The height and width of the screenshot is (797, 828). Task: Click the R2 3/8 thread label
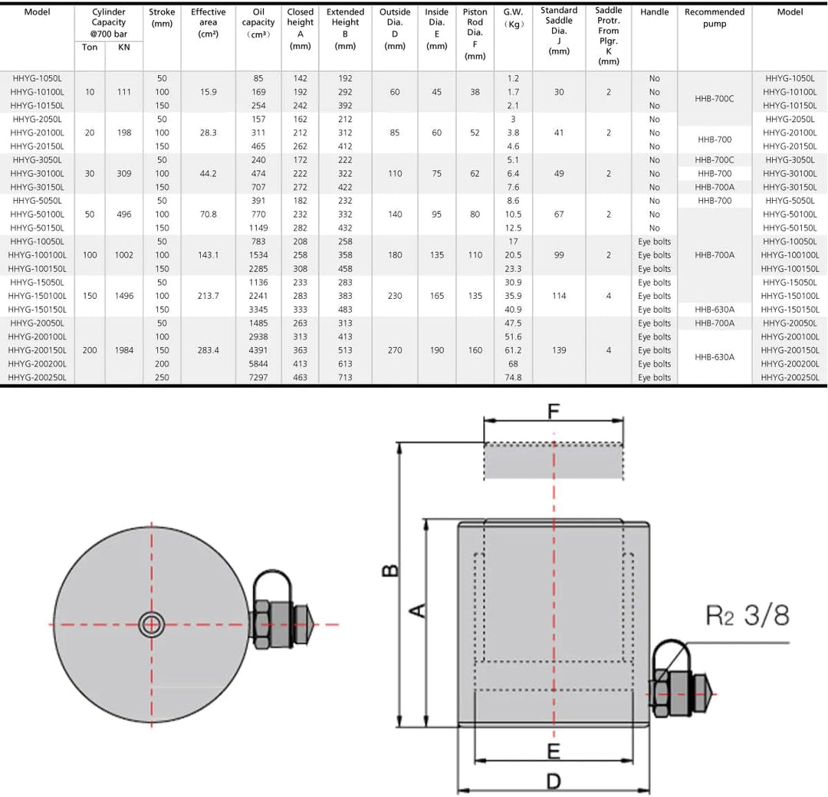tap(747, 615)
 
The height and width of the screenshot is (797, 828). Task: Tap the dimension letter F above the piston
tap(553, 412)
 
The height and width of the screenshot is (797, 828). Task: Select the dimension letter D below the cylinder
tap(553, 781)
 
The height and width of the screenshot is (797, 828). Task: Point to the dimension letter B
tap(390, 571)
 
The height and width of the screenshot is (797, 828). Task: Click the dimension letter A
tap(417, 610)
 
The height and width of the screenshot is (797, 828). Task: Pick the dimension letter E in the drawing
tap(554, 749)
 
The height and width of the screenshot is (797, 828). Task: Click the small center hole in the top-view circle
tap(151, 625)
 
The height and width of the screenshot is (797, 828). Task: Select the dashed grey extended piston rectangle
tap(553, 461)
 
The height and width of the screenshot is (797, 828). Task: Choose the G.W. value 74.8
tap(513, 378)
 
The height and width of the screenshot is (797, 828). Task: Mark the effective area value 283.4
tap(208, 350)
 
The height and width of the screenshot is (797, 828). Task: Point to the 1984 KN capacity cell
tap(123, 350)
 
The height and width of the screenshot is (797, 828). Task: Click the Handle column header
tap(654, 12)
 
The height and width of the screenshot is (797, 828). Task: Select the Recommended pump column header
tap(715, 18)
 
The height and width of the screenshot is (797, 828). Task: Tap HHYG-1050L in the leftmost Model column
tap(37, 78)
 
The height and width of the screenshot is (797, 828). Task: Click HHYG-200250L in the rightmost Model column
tap(790, 378)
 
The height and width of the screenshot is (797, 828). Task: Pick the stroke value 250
tap(162, 378)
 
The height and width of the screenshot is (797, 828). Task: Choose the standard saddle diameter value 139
tap(559, 350)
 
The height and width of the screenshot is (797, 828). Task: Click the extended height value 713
tap(345, 378)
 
